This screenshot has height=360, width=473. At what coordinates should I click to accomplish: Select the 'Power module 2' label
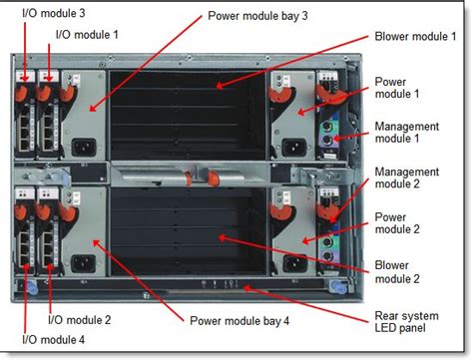coord(397,221)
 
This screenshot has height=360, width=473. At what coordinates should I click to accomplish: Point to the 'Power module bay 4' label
coord(239,320)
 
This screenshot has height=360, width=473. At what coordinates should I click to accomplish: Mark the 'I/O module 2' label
coord(81,320)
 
